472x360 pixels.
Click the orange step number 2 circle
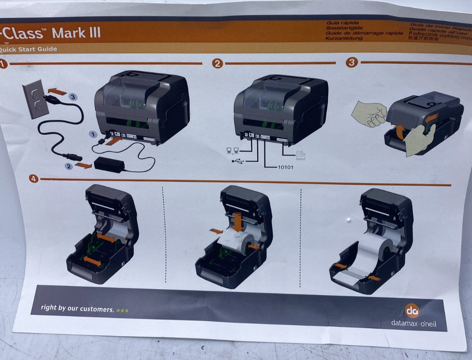217,64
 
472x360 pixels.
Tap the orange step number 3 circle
352,63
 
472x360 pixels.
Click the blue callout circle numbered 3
72,97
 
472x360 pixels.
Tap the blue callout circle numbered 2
69,166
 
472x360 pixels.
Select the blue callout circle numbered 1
94,135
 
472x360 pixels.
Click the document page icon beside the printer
301,155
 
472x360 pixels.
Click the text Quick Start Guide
28,49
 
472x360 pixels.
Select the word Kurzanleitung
344,38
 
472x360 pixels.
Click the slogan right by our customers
77,309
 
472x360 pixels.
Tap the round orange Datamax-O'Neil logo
412,310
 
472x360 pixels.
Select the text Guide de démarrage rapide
364,33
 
